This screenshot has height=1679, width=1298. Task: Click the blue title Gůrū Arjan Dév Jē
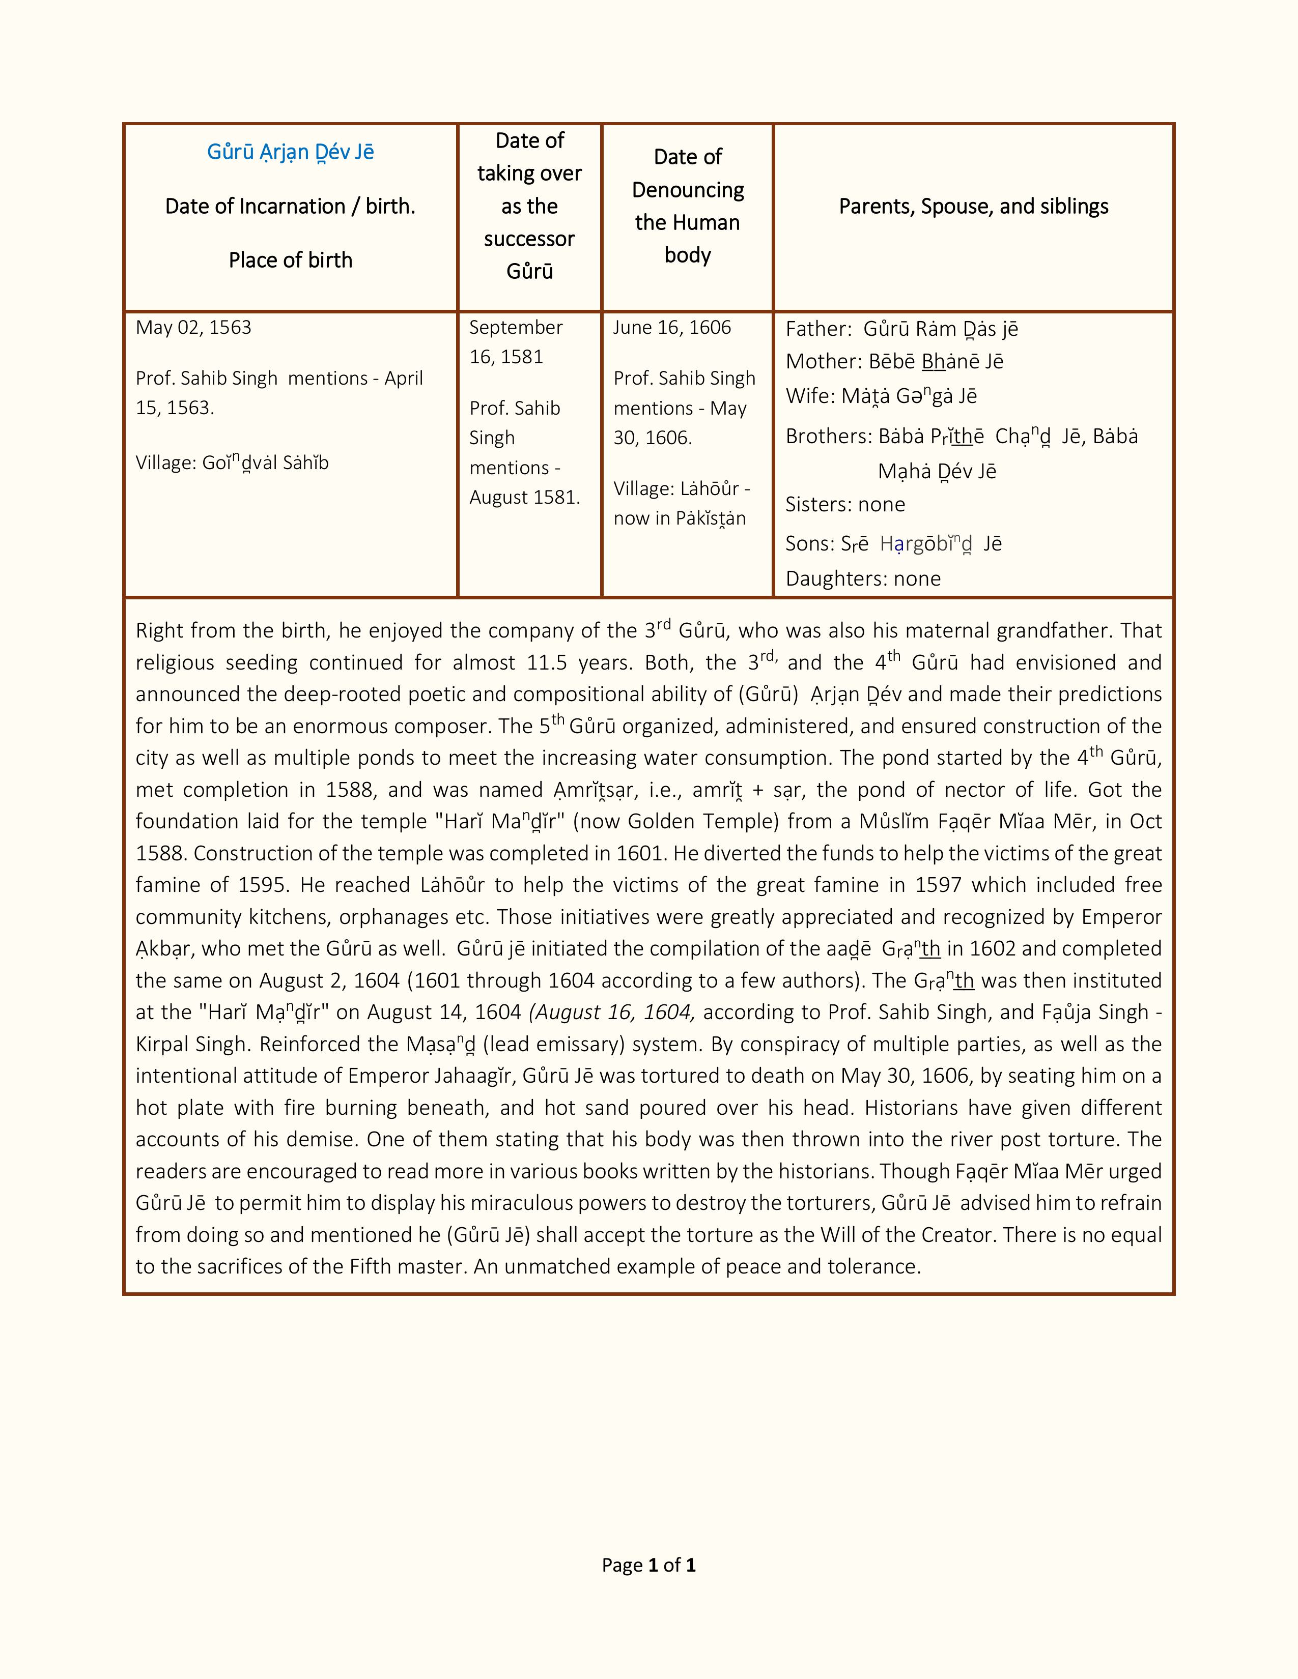(x=290, y=152)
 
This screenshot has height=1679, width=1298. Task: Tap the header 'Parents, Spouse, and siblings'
(x=973, y=206)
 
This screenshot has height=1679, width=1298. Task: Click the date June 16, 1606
(x=671, y=328)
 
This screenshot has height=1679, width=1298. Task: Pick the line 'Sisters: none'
(x=844, y=504)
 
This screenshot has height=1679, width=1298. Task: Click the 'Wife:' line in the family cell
(x=881, y=396)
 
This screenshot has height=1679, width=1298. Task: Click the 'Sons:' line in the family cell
(x=893, y=543)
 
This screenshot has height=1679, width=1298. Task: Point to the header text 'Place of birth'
(x=290, y=260)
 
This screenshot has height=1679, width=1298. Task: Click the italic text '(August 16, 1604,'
(x=612, y=1012)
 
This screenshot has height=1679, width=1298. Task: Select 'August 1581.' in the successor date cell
(x=524, y=498)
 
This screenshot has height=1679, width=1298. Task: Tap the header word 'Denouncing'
(x=688, y=190)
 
